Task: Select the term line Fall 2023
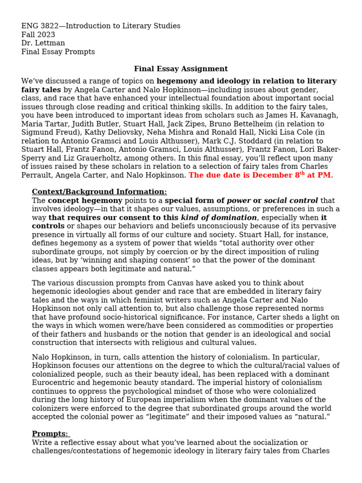[38, 34]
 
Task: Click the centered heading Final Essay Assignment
[181, 69]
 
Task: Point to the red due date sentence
[261, 175]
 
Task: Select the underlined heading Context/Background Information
[99, 192]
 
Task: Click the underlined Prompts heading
[50, 433]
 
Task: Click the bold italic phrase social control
[291, 200]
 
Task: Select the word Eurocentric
[54, 383]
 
